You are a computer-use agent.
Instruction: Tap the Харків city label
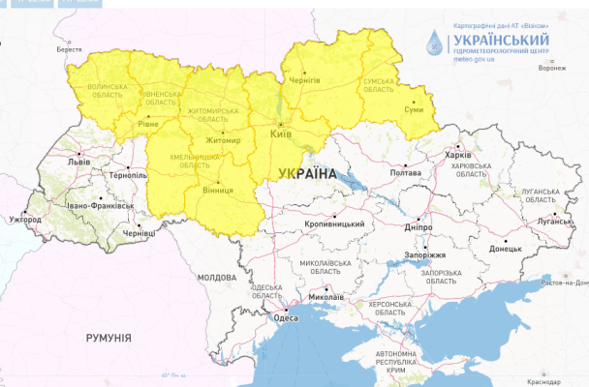point(456,155)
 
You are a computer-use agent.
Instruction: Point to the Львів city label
point(77,163)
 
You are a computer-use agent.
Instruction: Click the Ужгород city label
point(25,221)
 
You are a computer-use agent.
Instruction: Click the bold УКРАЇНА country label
point(305,173)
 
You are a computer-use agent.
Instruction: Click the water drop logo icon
point(438,44)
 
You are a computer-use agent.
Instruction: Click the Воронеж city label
point(550,68)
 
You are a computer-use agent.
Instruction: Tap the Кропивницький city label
point(335,224)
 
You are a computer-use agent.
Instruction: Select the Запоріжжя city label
point(423,254)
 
